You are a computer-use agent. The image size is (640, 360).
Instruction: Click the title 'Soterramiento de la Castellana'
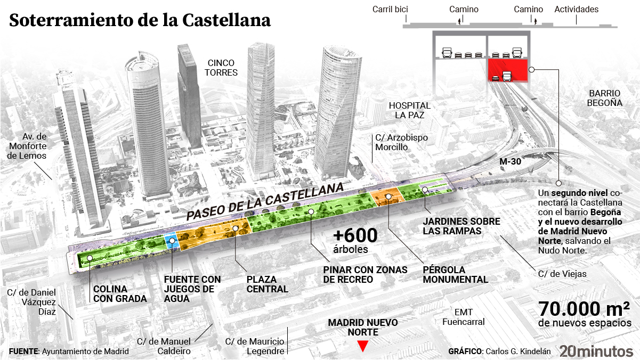(140, 20)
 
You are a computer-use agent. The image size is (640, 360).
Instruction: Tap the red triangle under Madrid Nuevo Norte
(363, 346)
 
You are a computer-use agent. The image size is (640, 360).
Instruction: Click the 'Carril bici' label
(390, 9)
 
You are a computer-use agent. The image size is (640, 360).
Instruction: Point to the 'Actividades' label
(577, 9)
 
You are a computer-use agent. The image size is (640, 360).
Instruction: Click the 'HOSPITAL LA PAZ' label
(409, 110)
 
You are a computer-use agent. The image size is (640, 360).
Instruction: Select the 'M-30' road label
(510, 161)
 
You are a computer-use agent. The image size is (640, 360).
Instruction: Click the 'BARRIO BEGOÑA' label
(605, 98)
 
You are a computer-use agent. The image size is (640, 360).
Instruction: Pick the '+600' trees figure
(355, 235)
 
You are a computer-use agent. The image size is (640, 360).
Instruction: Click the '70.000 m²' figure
(584, 309)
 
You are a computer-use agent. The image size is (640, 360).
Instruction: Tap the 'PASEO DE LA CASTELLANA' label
(264, 202)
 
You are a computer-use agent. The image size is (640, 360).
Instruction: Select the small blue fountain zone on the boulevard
(171, 241)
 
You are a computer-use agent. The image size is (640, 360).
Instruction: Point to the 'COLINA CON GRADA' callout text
(120, 294)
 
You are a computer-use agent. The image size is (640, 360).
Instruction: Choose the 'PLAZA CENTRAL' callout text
(268, 284)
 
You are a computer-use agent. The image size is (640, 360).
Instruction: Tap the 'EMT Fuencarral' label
(463, 317)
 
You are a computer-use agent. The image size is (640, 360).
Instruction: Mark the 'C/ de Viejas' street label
(562, 274)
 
